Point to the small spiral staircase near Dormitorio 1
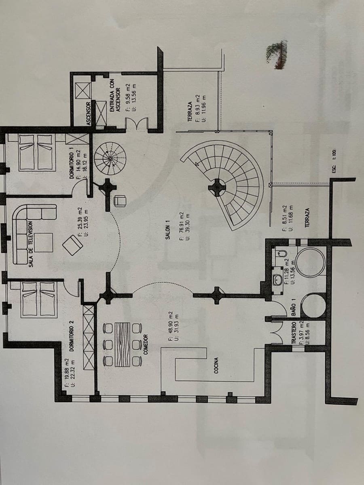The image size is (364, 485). tap(110, 158)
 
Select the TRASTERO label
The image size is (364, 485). tap(294, 333)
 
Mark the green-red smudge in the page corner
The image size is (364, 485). tap(277, 53)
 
